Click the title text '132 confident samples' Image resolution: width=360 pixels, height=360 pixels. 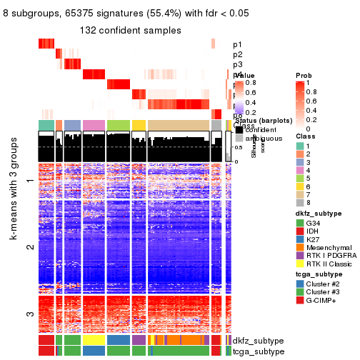[x=130, y=31]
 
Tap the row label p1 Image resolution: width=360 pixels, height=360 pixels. [x=237, y=45]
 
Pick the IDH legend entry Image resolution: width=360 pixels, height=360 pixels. [x=314, y=232]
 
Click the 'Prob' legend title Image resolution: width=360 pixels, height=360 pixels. [x=303, y=75]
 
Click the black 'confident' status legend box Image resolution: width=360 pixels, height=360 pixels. [x=239, y=130]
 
